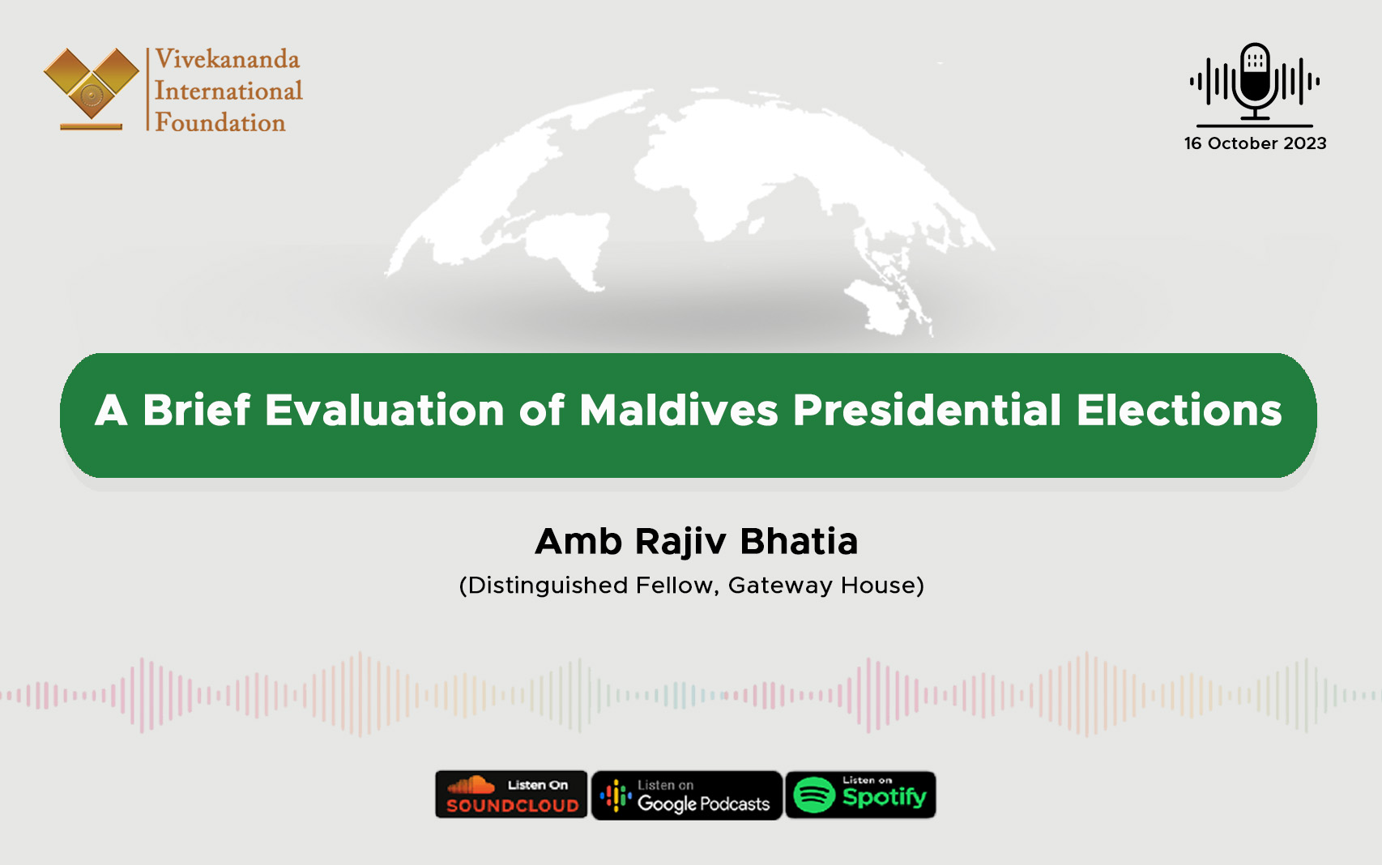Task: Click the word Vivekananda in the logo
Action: (227, 59)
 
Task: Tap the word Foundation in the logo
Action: (220, 122)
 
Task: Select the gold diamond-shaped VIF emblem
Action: (92, 85)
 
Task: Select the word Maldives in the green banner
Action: (678, 410)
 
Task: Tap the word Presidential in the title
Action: (926, 410)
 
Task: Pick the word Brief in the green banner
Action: (197, 410)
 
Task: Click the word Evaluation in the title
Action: (385, 410)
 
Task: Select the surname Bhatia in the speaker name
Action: (799, 541)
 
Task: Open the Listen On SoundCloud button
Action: (511, 795)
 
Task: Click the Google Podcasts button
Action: (687, 795)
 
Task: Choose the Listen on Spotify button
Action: (860, 795)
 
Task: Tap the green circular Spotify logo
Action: (814, 795)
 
